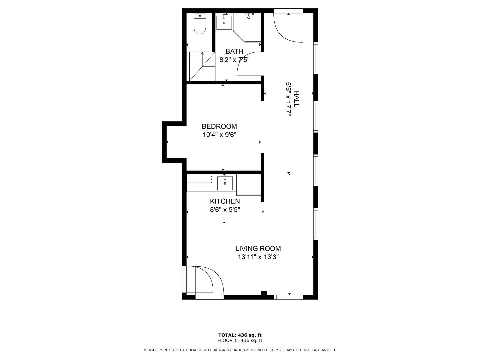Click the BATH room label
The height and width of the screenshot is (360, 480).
click(x=234, y=51)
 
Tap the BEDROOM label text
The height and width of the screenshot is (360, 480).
click(x=219, y=126)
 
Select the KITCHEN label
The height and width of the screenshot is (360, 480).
click(x=225, y=201)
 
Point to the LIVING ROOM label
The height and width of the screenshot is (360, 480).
click(x=258, y=249)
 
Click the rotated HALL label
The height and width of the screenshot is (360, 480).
click(x=296, y=99)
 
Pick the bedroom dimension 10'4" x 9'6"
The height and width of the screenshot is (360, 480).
click(x=219, y=135)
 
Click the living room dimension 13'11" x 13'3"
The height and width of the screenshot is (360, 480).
click(x=258, y=257)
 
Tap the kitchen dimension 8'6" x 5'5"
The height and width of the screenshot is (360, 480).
click(x=225, y=210)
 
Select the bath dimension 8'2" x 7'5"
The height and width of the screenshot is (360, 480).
click(x=234, y=60)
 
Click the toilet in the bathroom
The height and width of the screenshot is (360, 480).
click(x=200, y=24)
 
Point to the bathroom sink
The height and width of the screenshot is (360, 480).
click(x=224, y=22)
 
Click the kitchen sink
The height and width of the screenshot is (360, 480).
click(x=225, y=183)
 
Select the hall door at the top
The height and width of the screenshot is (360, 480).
click(x=288, y=26)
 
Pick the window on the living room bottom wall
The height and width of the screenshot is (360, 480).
click(x=289, y=297)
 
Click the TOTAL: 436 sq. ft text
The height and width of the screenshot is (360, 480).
click(x=240, y=335)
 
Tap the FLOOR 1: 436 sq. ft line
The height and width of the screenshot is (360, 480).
click(x=240, y=340)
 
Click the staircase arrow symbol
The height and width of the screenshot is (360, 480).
click(x=202, y=59)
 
